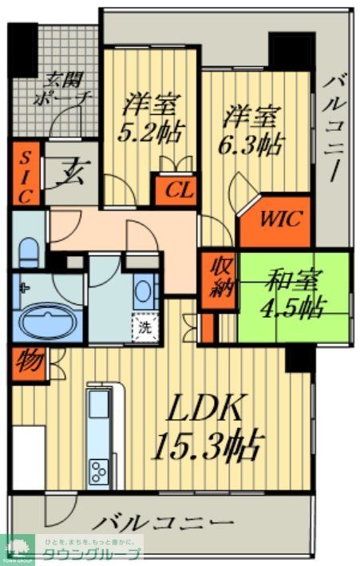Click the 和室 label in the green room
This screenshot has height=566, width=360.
293,282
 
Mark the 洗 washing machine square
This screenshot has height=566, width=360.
144,326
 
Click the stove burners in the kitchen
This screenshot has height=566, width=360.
101,470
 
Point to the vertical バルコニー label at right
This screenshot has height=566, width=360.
337,128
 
